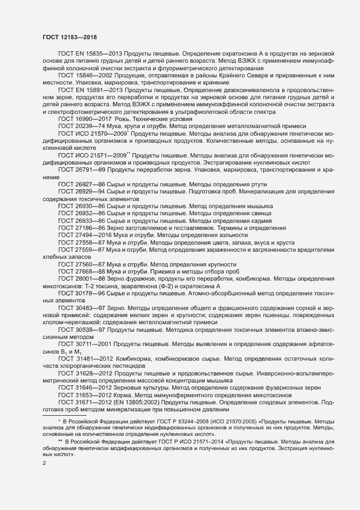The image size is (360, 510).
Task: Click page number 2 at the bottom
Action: (x=45, y=464)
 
